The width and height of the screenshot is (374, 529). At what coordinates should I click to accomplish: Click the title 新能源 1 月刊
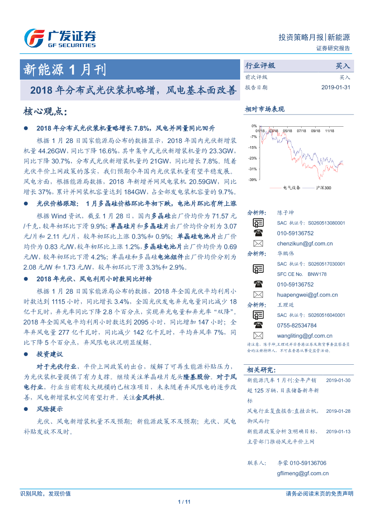click(x=65, y=70)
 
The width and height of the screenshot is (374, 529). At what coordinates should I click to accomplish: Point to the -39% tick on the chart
click(x=253, y=180)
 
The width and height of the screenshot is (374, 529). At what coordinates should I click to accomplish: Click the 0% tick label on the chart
click(x=254, y=126)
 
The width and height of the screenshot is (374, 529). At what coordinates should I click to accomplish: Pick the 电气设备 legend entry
click(x=291, y=187)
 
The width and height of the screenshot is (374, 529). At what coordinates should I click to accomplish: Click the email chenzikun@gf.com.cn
click(x=305, y=243)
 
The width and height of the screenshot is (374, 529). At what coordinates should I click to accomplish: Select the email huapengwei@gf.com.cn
click(x=307, y=295)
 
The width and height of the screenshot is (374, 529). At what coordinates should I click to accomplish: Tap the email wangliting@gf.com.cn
click(x=305, y=336)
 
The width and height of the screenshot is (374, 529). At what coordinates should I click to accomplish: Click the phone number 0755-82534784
click(x=297, y=325)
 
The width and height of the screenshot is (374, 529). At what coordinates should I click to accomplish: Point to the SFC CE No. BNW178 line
click(x=302, y=274)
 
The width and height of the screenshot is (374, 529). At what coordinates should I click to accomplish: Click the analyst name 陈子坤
click(x=285, y=213)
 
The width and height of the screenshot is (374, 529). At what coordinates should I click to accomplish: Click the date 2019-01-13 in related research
click(x=338, y=431)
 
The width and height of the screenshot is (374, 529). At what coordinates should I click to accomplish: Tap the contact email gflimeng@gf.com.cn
click(x=303, y=473)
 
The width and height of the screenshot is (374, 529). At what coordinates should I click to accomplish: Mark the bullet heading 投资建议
click(x=49, y=354)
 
